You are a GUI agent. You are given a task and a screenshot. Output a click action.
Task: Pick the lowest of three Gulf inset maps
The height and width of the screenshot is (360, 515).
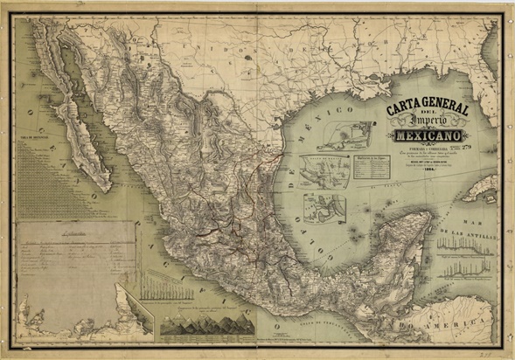tap(324, 208)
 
